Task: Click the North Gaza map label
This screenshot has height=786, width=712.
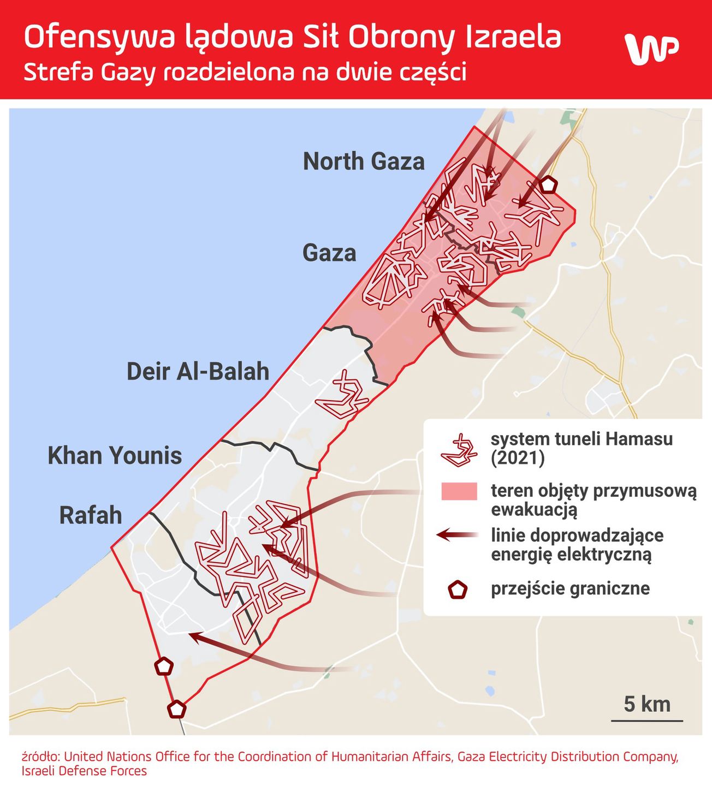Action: coord(364,162)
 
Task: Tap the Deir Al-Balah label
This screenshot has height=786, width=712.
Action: coord(198,372)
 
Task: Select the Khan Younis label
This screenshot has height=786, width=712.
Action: coord(115,456)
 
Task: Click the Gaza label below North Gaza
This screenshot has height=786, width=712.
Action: coord(329,253)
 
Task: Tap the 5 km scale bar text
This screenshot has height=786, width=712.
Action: coord(647,704)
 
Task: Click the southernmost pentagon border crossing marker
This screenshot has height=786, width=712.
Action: coord(176,709)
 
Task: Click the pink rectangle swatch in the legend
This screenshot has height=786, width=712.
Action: coord(459,491)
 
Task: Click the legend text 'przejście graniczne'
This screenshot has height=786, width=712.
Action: coord(570,589)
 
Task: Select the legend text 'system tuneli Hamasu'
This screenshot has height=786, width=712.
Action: coord(582,439)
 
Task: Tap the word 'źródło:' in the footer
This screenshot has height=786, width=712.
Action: coord(41,757)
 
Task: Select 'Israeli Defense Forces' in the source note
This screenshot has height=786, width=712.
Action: coord(84,771)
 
